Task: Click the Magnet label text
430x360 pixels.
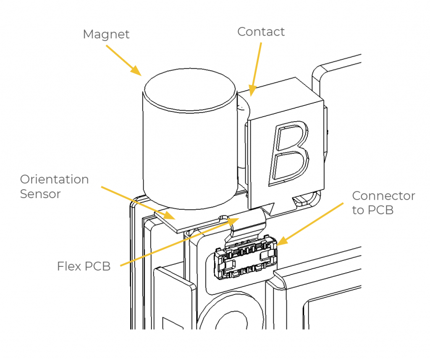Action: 106,34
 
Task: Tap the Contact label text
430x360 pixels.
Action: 261,31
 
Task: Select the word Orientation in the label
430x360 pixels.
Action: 55,180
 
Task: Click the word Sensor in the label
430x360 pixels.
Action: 40,194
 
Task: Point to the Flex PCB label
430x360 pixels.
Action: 84,266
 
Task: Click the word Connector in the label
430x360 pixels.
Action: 383,196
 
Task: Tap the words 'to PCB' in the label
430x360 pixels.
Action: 372,210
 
